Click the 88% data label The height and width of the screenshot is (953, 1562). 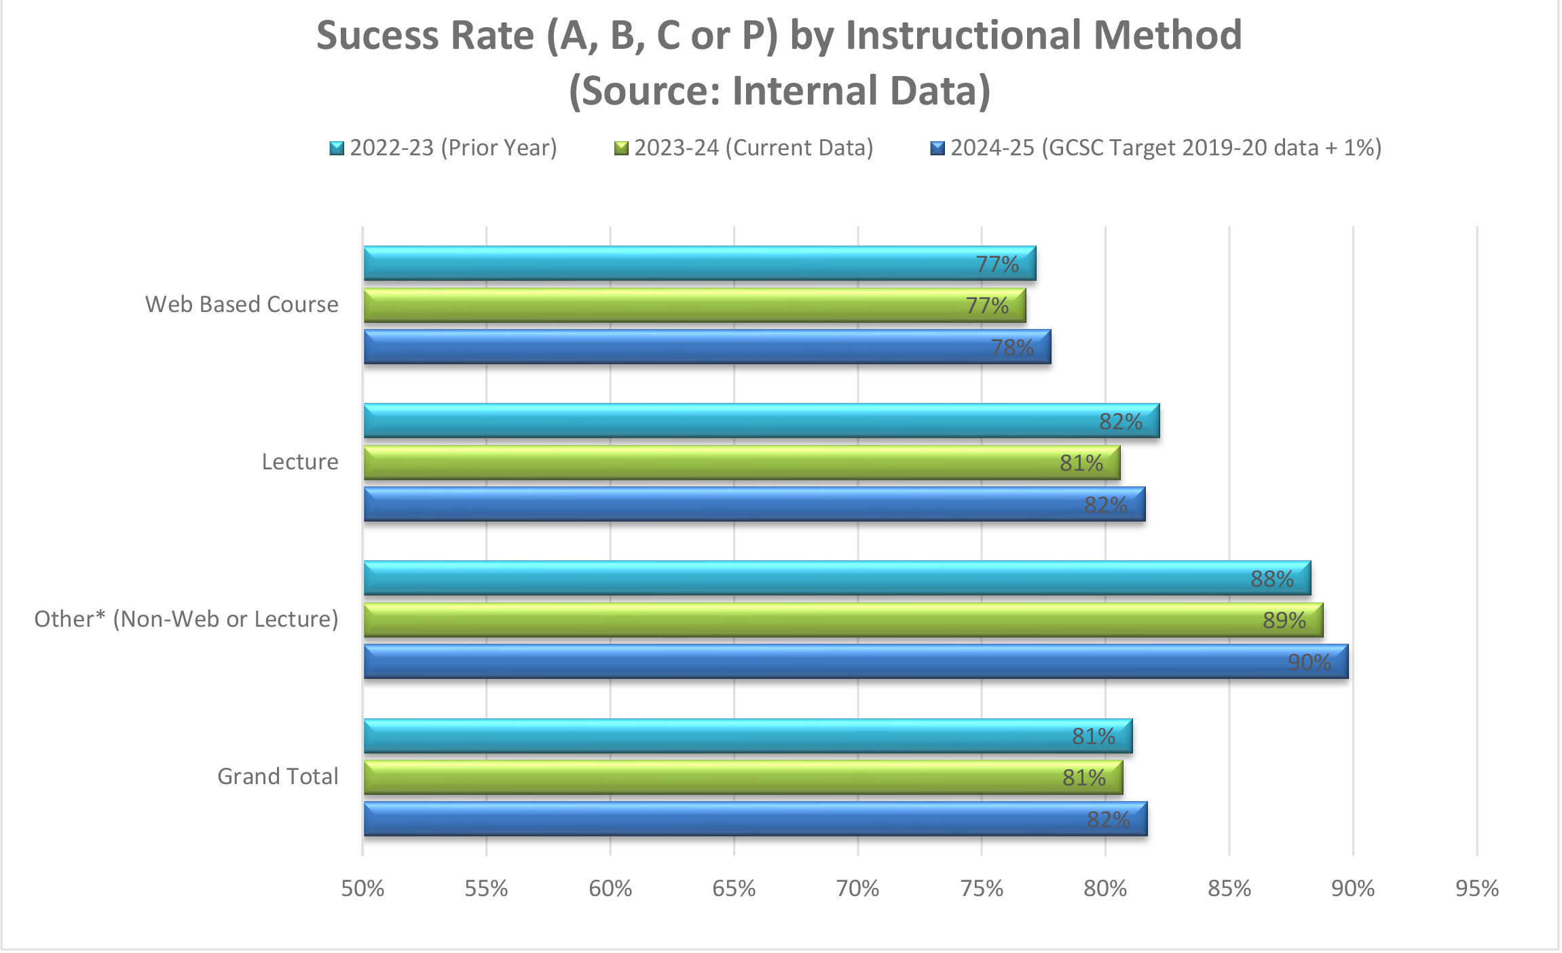point(1271,579)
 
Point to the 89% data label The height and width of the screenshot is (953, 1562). point(1284,620)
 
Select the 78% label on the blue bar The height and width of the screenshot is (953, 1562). point(1011,347)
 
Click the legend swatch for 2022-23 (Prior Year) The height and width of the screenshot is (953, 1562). point(337,148)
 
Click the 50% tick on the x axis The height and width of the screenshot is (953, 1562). point(362,888)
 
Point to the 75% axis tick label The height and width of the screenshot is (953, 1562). point(982,888)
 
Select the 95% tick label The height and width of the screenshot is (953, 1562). point(1476,888)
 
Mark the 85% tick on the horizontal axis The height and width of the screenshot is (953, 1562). point(1229,888)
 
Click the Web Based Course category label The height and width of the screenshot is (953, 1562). point(242,305)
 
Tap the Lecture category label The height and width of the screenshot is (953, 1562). point(300,462)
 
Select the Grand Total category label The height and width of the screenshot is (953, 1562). point(278,776)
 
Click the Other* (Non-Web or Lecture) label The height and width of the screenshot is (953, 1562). point(186,619)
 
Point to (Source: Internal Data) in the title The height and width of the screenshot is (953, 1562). point(779,91)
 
